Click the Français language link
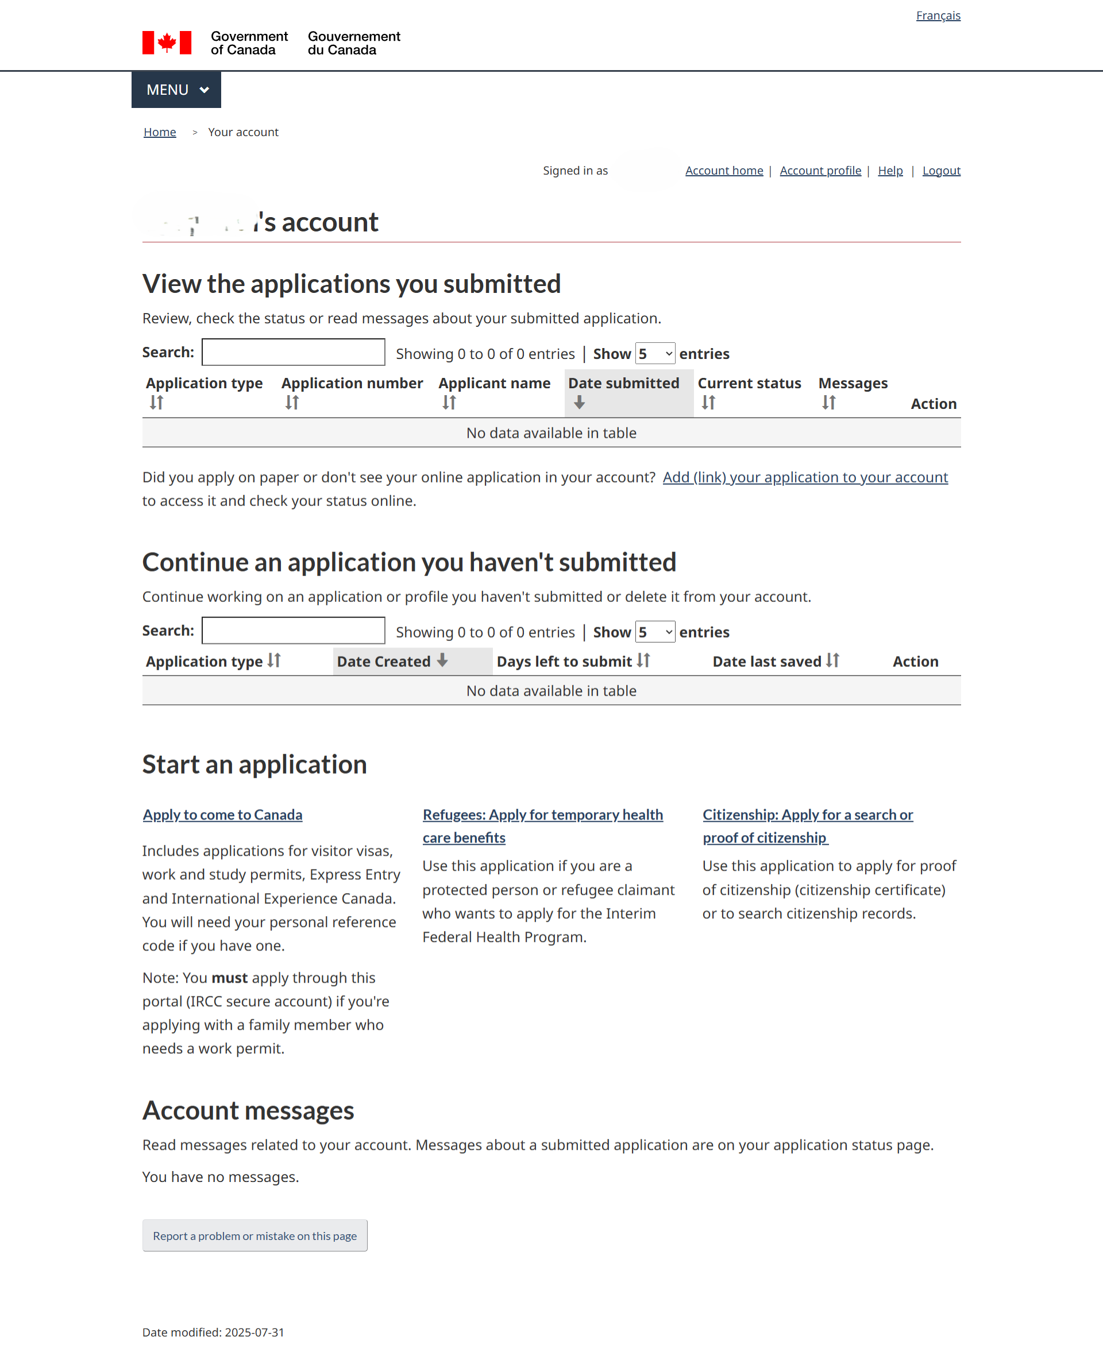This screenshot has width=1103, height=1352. click(x=938, y=16)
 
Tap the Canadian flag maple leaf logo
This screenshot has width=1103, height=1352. click(x=167, y=43)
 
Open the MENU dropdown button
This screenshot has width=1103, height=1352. click(x=176, y=90)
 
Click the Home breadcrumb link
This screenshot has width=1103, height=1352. click(x=160, y=132)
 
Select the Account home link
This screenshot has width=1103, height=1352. click(x=724, y=170)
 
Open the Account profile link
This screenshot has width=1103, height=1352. click(x=820, y=170)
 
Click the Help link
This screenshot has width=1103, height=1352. click(x=889, y=170)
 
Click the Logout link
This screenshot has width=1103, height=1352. click(x=941, y=170)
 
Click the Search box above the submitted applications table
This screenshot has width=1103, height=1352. click(x=293, y=352)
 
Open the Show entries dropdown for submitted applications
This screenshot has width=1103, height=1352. click(x=655, y=354)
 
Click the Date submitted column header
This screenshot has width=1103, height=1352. click(x=623, y=384)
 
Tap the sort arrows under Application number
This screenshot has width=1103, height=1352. click(x=292, y=403)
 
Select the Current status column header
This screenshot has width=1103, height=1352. click(x=749, y=384)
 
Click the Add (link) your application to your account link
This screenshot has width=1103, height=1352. click(x=805, y=477)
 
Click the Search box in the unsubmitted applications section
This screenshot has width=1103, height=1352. click(x=293, y=631)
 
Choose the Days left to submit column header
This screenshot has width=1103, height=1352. click(x=564, y=661)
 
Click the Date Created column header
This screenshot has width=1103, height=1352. click(x=384, y=661)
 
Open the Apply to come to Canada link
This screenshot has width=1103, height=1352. click(x=222, y=815)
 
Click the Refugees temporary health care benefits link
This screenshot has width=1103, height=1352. click(x=543, y=815)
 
